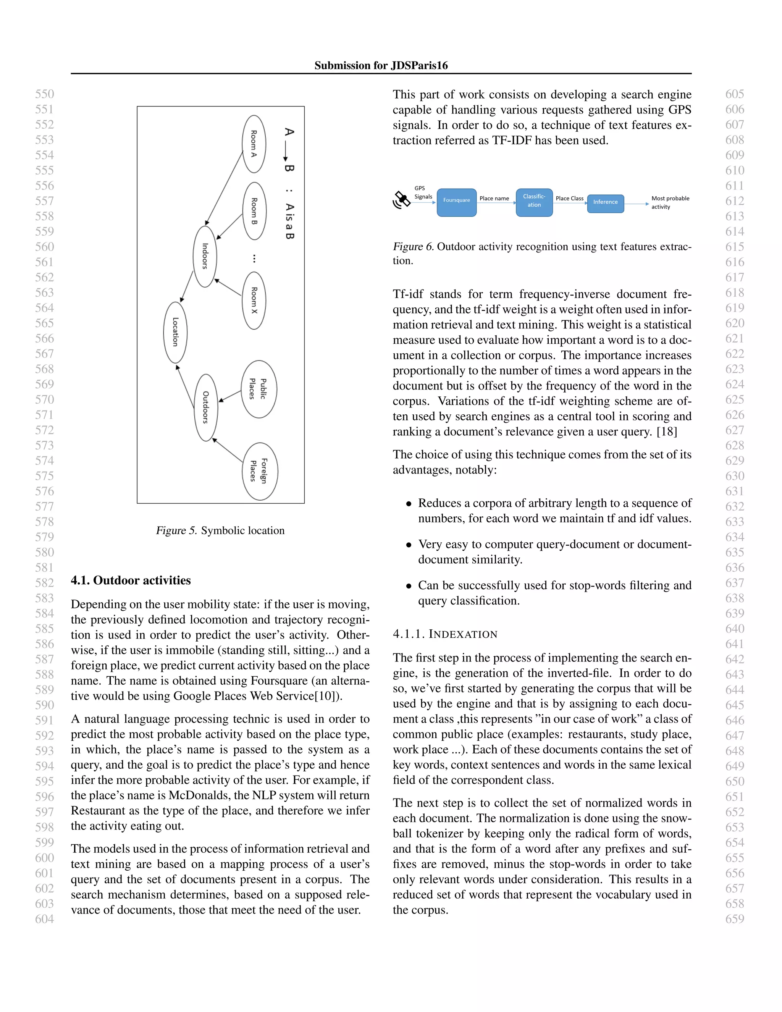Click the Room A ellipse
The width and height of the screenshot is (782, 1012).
tap(254, 144)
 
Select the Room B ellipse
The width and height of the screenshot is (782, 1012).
tap(254, 211)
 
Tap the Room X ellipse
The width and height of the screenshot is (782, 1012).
tap(254, 300)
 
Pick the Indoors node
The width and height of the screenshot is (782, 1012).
tap(205, 256)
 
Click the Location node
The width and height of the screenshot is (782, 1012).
tap(175, 332)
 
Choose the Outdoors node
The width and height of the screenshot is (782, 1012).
tap(206, 407)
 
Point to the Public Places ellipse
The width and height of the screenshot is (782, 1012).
tap(259, 389)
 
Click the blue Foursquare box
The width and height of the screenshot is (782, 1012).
tap(456, 202)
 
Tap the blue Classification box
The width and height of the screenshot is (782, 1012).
tap(534, 202)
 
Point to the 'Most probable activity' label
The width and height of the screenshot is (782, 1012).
tap(670, 202)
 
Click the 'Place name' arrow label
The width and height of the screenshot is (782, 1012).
tap(494, 198)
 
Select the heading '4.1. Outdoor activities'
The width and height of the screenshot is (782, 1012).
tap(131, 580)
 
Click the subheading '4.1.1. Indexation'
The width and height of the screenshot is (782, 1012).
tap(445, 634)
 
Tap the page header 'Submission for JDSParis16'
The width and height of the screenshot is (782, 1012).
tap(381, 65)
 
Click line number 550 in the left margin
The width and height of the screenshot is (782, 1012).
tap(44, 94)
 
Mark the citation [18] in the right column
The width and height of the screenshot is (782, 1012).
tap(667, 432)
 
